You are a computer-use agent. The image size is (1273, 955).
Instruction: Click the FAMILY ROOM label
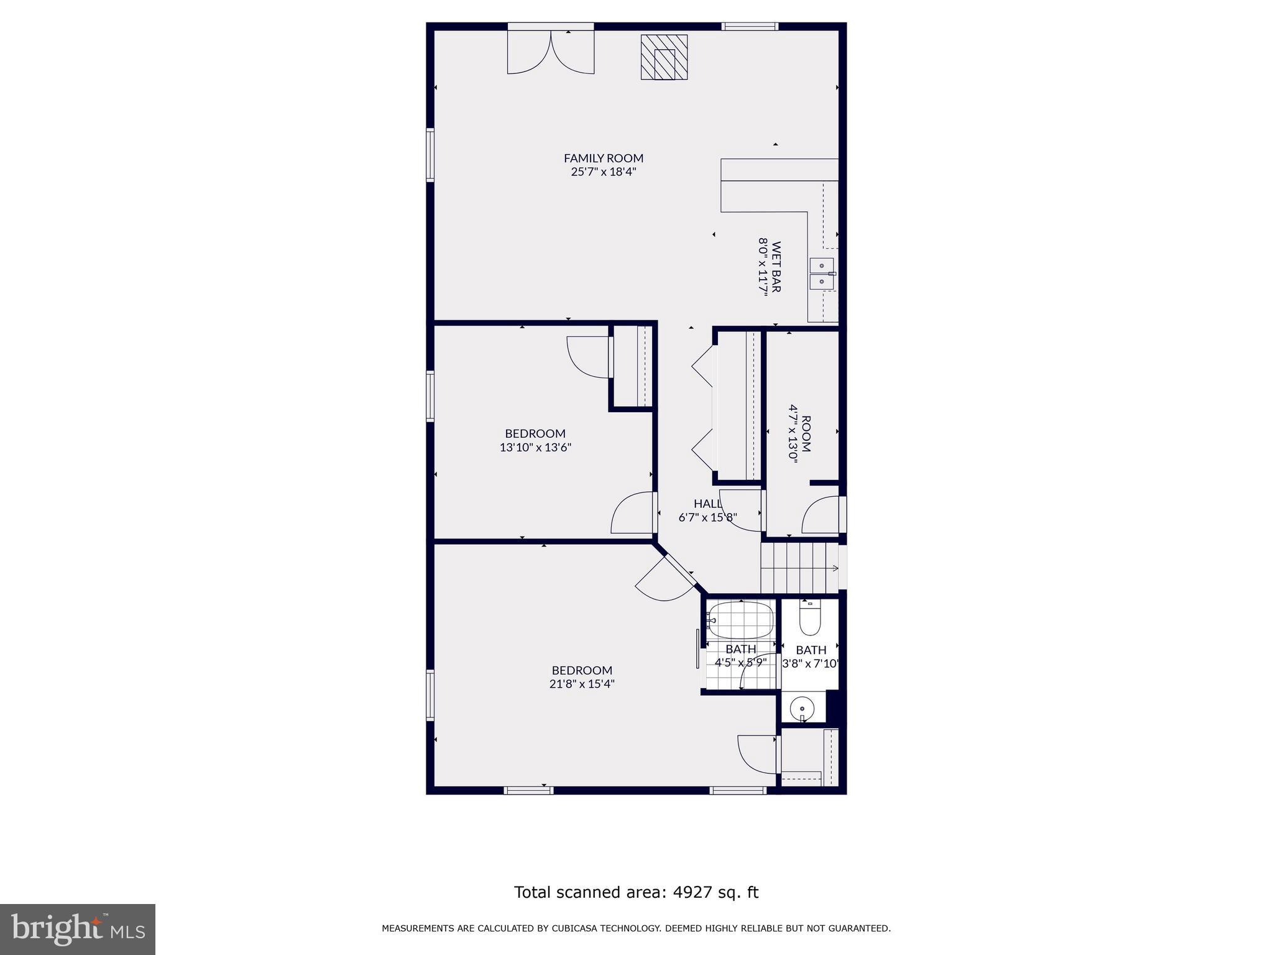pyautogui.click(x=603, y=158)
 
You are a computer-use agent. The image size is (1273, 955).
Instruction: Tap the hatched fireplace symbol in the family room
pyautogui.click(x=664, y=57)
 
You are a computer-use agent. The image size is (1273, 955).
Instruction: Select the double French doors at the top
pyautogui.click(x=551, y=53)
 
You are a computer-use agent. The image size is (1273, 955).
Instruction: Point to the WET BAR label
pyautogui.click(x=776, y=267)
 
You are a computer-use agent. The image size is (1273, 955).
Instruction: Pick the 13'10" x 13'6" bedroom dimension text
pyautogui.click(x=535, y=447)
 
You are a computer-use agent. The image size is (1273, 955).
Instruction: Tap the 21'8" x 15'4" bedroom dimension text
pyautogui.click(x=582, y=684)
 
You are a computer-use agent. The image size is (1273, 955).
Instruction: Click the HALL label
pyautogui.click(x=707, y=504)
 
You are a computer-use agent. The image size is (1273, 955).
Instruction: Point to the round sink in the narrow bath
pyautogui.click(x=802, y=708)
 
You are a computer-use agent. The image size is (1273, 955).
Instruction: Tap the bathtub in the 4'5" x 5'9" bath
pyautogui.click(x=741, y=620)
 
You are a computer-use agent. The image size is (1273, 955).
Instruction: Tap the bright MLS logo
pyautogui.click(x=77, y=929)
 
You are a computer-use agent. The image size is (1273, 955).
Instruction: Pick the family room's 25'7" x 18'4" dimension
pyautogui.click(x=603, y=172)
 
